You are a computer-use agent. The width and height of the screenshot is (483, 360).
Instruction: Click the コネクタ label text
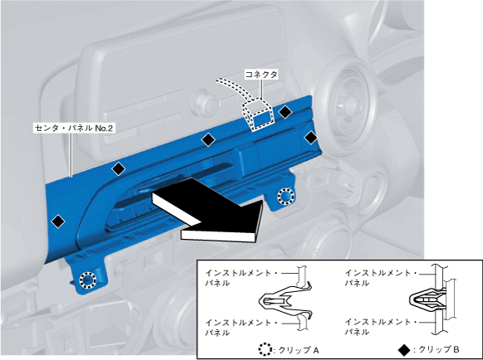tap(261, 74)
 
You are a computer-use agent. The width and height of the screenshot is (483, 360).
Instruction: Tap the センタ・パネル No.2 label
tap(73, 128)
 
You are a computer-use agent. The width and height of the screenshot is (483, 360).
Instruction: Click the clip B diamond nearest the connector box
tap(285, 112)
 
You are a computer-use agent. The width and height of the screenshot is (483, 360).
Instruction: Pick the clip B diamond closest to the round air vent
tap(311, 138)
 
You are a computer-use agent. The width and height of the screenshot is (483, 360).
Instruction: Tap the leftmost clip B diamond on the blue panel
tap(58, 221)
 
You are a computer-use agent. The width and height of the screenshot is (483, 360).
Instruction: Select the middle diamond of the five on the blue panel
tap(208, 140)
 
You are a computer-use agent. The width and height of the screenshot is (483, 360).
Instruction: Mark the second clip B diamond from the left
tap(119, 168)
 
